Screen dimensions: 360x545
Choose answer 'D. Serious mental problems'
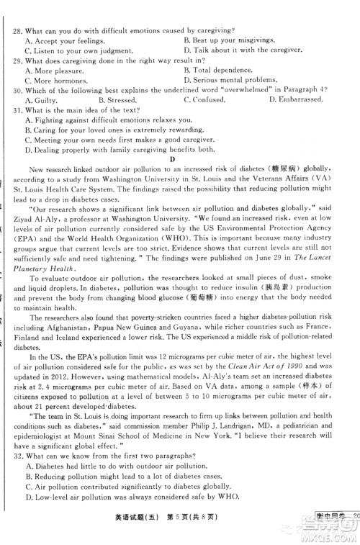pyautogui.click(x=230, y=80)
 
